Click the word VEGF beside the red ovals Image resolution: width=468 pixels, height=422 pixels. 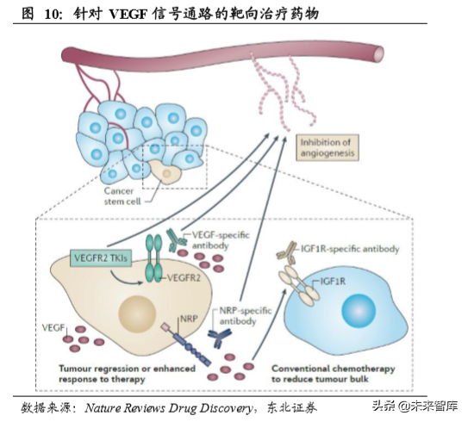53,329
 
